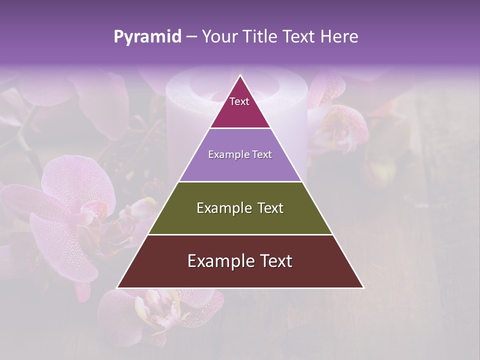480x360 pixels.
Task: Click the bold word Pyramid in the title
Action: (147, 37)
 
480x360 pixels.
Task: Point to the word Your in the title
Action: (219, 37)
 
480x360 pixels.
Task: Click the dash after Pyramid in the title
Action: (191, 37)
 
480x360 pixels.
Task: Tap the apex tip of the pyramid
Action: (240, 76)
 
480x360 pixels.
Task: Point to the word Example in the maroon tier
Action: (219, 261)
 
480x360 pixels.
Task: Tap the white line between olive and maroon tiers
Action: (240, 234)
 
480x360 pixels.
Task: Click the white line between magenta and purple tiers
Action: (240, 128)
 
